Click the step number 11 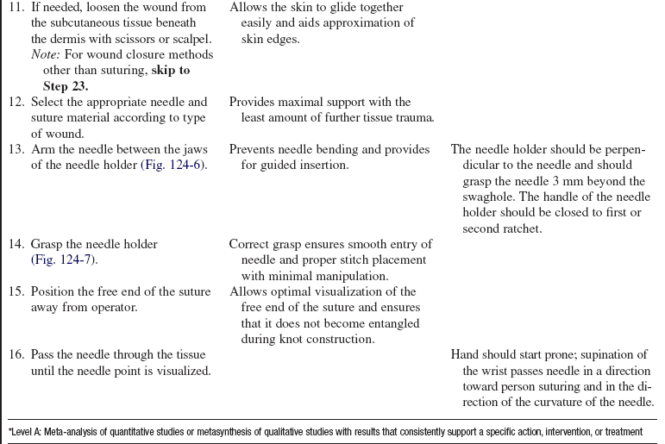point(16,8)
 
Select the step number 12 point(16,103)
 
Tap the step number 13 point(16,150)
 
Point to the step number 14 point(16,245)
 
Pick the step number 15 point(16,292)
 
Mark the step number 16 point(16,355)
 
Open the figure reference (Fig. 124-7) point(64,260)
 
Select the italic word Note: point(47,55)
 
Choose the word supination point(618,355)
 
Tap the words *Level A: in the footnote point(28,432)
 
